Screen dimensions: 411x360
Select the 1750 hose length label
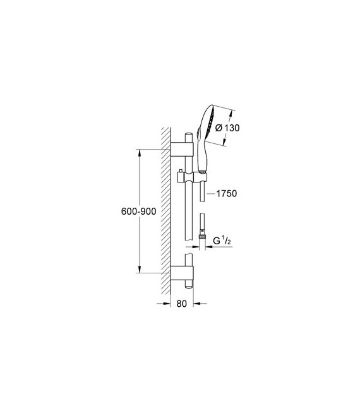pyautogui.click(x=225, y=194)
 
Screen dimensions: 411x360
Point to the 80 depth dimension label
pyautogui.click(x=182, y=304)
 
